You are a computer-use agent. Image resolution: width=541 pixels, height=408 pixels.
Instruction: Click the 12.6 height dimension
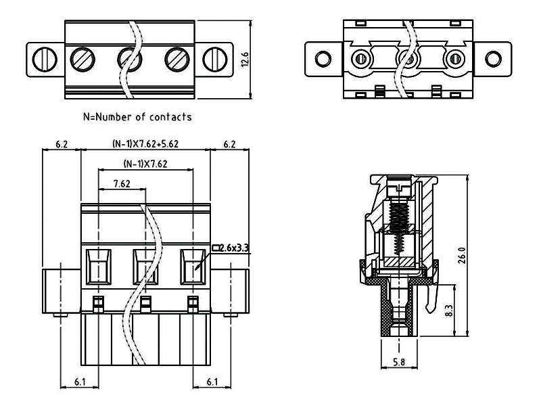[x=246, y=60]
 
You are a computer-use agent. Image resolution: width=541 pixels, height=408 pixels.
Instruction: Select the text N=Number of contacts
[x=137, y=117]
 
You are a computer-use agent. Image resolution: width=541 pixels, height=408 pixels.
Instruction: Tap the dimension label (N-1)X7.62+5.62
[x=145, y=144]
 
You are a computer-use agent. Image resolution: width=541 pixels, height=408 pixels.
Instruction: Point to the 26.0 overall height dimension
[x=463, y=256]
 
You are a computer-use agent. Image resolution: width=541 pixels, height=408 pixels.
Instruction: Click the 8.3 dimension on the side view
[x=449, y=311]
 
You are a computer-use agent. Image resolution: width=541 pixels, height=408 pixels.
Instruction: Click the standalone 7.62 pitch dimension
[x=122, y=183]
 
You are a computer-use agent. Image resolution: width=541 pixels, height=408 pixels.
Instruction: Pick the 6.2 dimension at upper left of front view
[x=62, y=144]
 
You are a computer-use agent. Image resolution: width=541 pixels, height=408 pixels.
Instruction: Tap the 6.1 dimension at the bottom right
[x=212, y=383]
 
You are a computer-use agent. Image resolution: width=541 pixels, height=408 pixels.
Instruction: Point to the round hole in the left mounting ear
[x=321, y=57]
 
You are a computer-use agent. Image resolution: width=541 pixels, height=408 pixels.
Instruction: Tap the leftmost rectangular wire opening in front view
[x=100, y=265]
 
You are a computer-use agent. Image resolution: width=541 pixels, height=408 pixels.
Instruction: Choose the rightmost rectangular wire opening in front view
[x=193, y=265]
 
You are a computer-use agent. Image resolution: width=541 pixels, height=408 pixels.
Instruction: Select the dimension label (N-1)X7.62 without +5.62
[x=146, y=164]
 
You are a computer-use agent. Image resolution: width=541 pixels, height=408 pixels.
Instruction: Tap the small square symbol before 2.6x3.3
[x=216, y=248]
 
